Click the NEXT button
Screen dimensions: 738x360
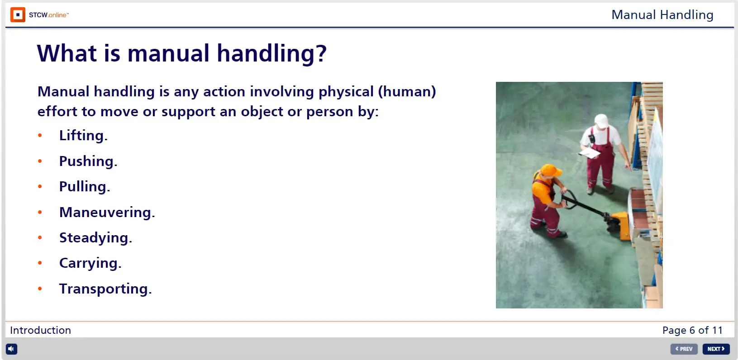pyautogui.click(x=715, y=349)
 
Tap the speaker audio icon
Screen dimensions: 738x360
pyautogui.click(x=11, y=349)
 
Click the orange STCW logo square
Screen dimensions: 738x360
pyautogui.click(x=18, y=15)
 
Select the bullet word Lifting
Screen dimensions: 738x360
pyautogui.click(x=83, y=135)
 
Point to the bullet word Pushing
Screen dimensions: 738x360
pyautogui.click(x=88, y=161)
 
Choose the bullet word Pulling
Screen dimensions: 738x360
pyautogui.click(x=85, y=187)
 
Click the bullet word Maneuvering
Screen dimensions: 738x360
pyautogui.click(x=107, y=212)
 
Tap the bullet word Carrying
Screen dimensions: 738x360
pyautogui.click(x=90, y=263)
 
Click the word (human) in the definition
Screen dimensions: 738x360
pyautogui.click(x=407, y=91)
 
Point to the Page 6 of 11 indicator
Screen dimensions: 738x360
pyautogui.click(x=693, y=330)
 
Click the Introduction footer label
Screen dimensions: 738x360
pyautogui.click(x=41, y=330)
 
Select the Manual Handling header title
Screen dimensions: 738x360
pyautogui.click(x=662, y=15)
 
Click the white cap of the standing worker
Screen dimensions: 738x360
pyautogui.click(x=602, y=121)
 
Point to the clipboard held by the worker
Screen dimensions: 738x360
pyautogui.click(x=589, y=153)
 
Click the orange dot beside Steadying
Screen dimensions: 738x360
pyautogui.click(x=40, y=237)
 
